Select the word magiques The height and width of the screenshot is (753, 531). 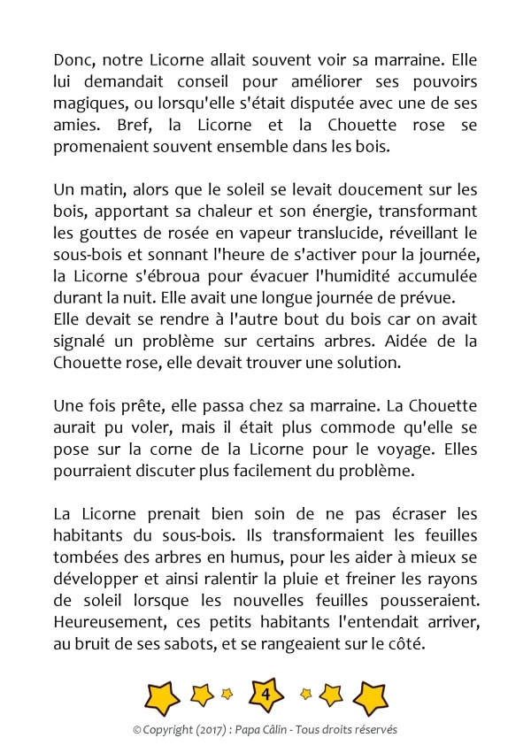click(x=87, y=104)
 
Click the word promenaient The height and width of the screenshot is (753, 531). click(x=101, y=147)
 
